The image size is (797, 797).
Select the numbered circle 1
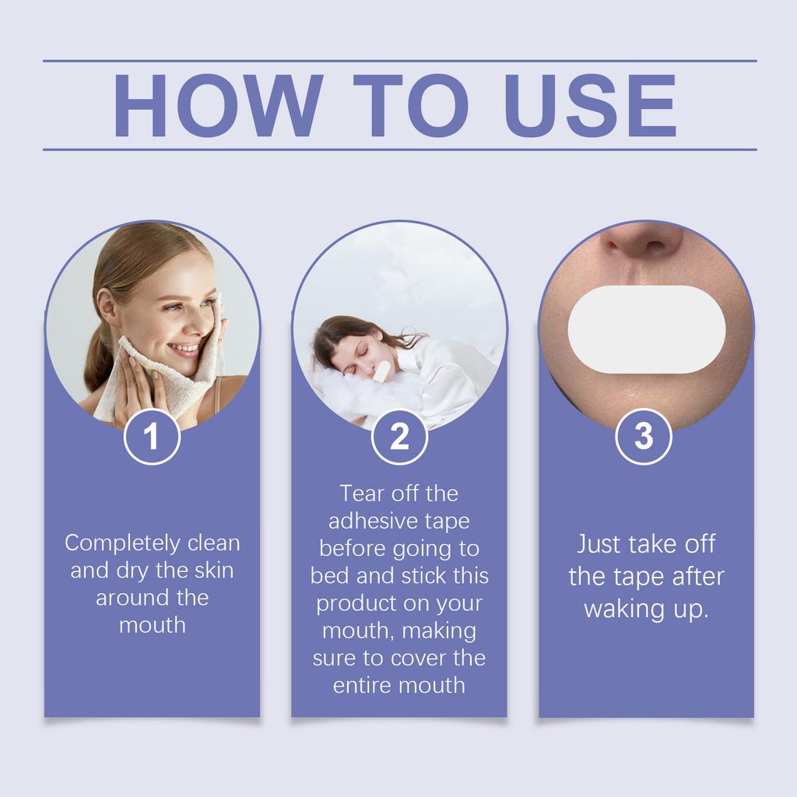click(x=152, y=437)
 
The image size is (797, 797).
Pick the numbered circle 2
click(x=399, y=437)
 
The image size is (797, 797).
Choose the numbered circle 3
click(x=644, y=437)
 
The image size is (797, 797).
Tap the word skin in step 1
click(x=214, y=570)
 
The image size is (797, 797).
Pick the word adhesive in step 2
click(x=370, y=521)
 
